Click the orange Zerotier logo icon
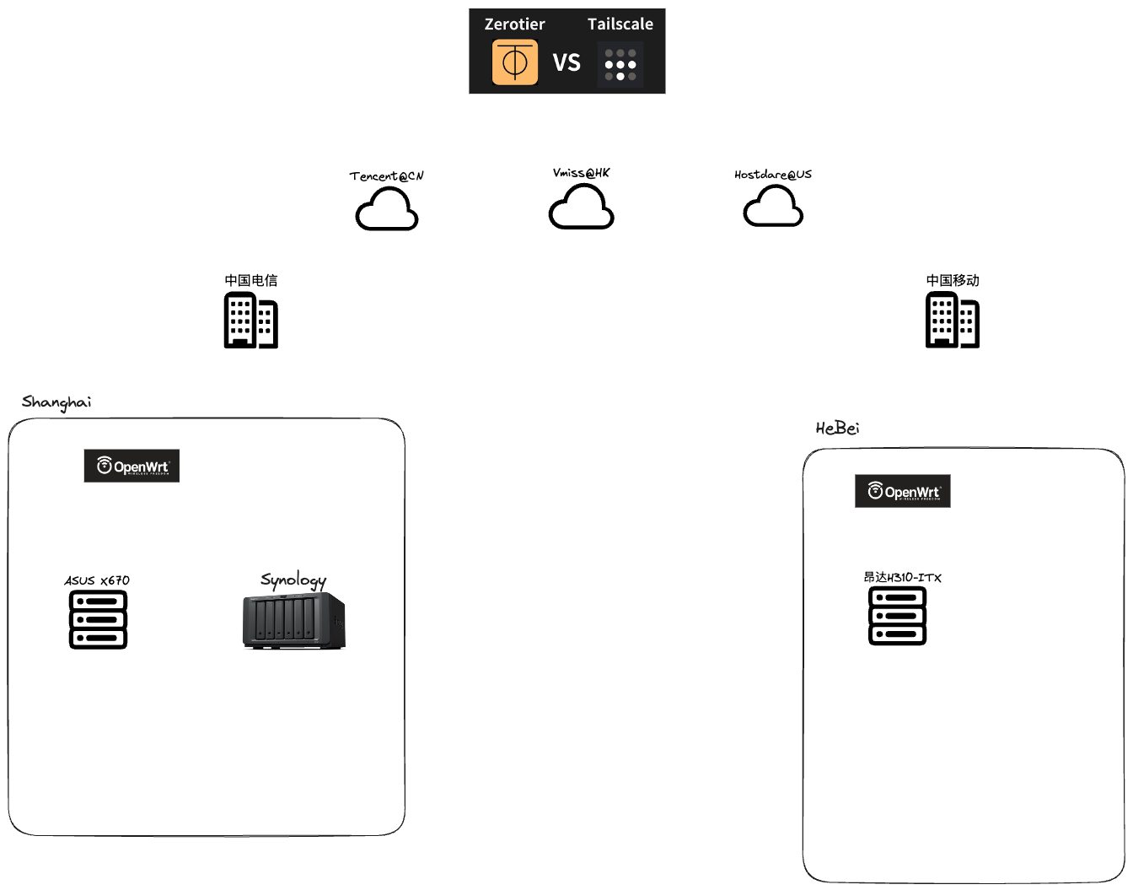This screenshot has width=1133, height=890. (514, 62)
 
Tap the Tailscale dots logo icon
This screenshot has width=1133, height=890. (620, 65)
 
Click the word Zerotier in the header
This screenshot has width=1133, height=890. (514, 24)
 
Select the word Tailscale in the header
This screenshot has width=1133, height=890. (620, 24)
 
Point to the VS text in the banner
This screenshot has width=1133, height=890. (566, 63)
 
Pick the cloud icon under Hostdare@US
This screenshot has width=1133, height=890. (773, 207)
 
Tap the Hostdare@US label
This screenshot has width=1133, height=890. (773, 175)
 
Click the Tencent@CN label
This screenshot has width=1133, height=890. (387, 176)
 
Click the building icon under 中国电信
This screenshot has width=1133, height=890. (250, 320)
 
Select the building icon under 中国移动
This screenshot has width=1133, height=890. (953, 320)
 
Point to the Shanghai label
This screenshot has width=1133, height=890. (56, 402)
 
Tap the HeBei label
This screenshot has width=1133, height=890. (837, 429)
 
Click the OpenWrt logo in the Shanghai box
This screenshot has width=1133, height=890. (132, 466)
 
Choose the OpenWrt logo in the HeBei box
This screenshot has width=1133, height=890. (903, 491)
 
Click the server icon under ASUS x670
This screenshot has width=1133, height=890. (98, 619)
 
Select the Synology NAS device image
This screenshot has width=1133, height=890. (294, 621)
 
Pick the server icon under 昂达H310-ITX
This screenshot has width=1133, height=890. (897, 616)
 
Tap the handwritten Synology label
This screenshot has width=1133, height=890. (293, 580)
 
